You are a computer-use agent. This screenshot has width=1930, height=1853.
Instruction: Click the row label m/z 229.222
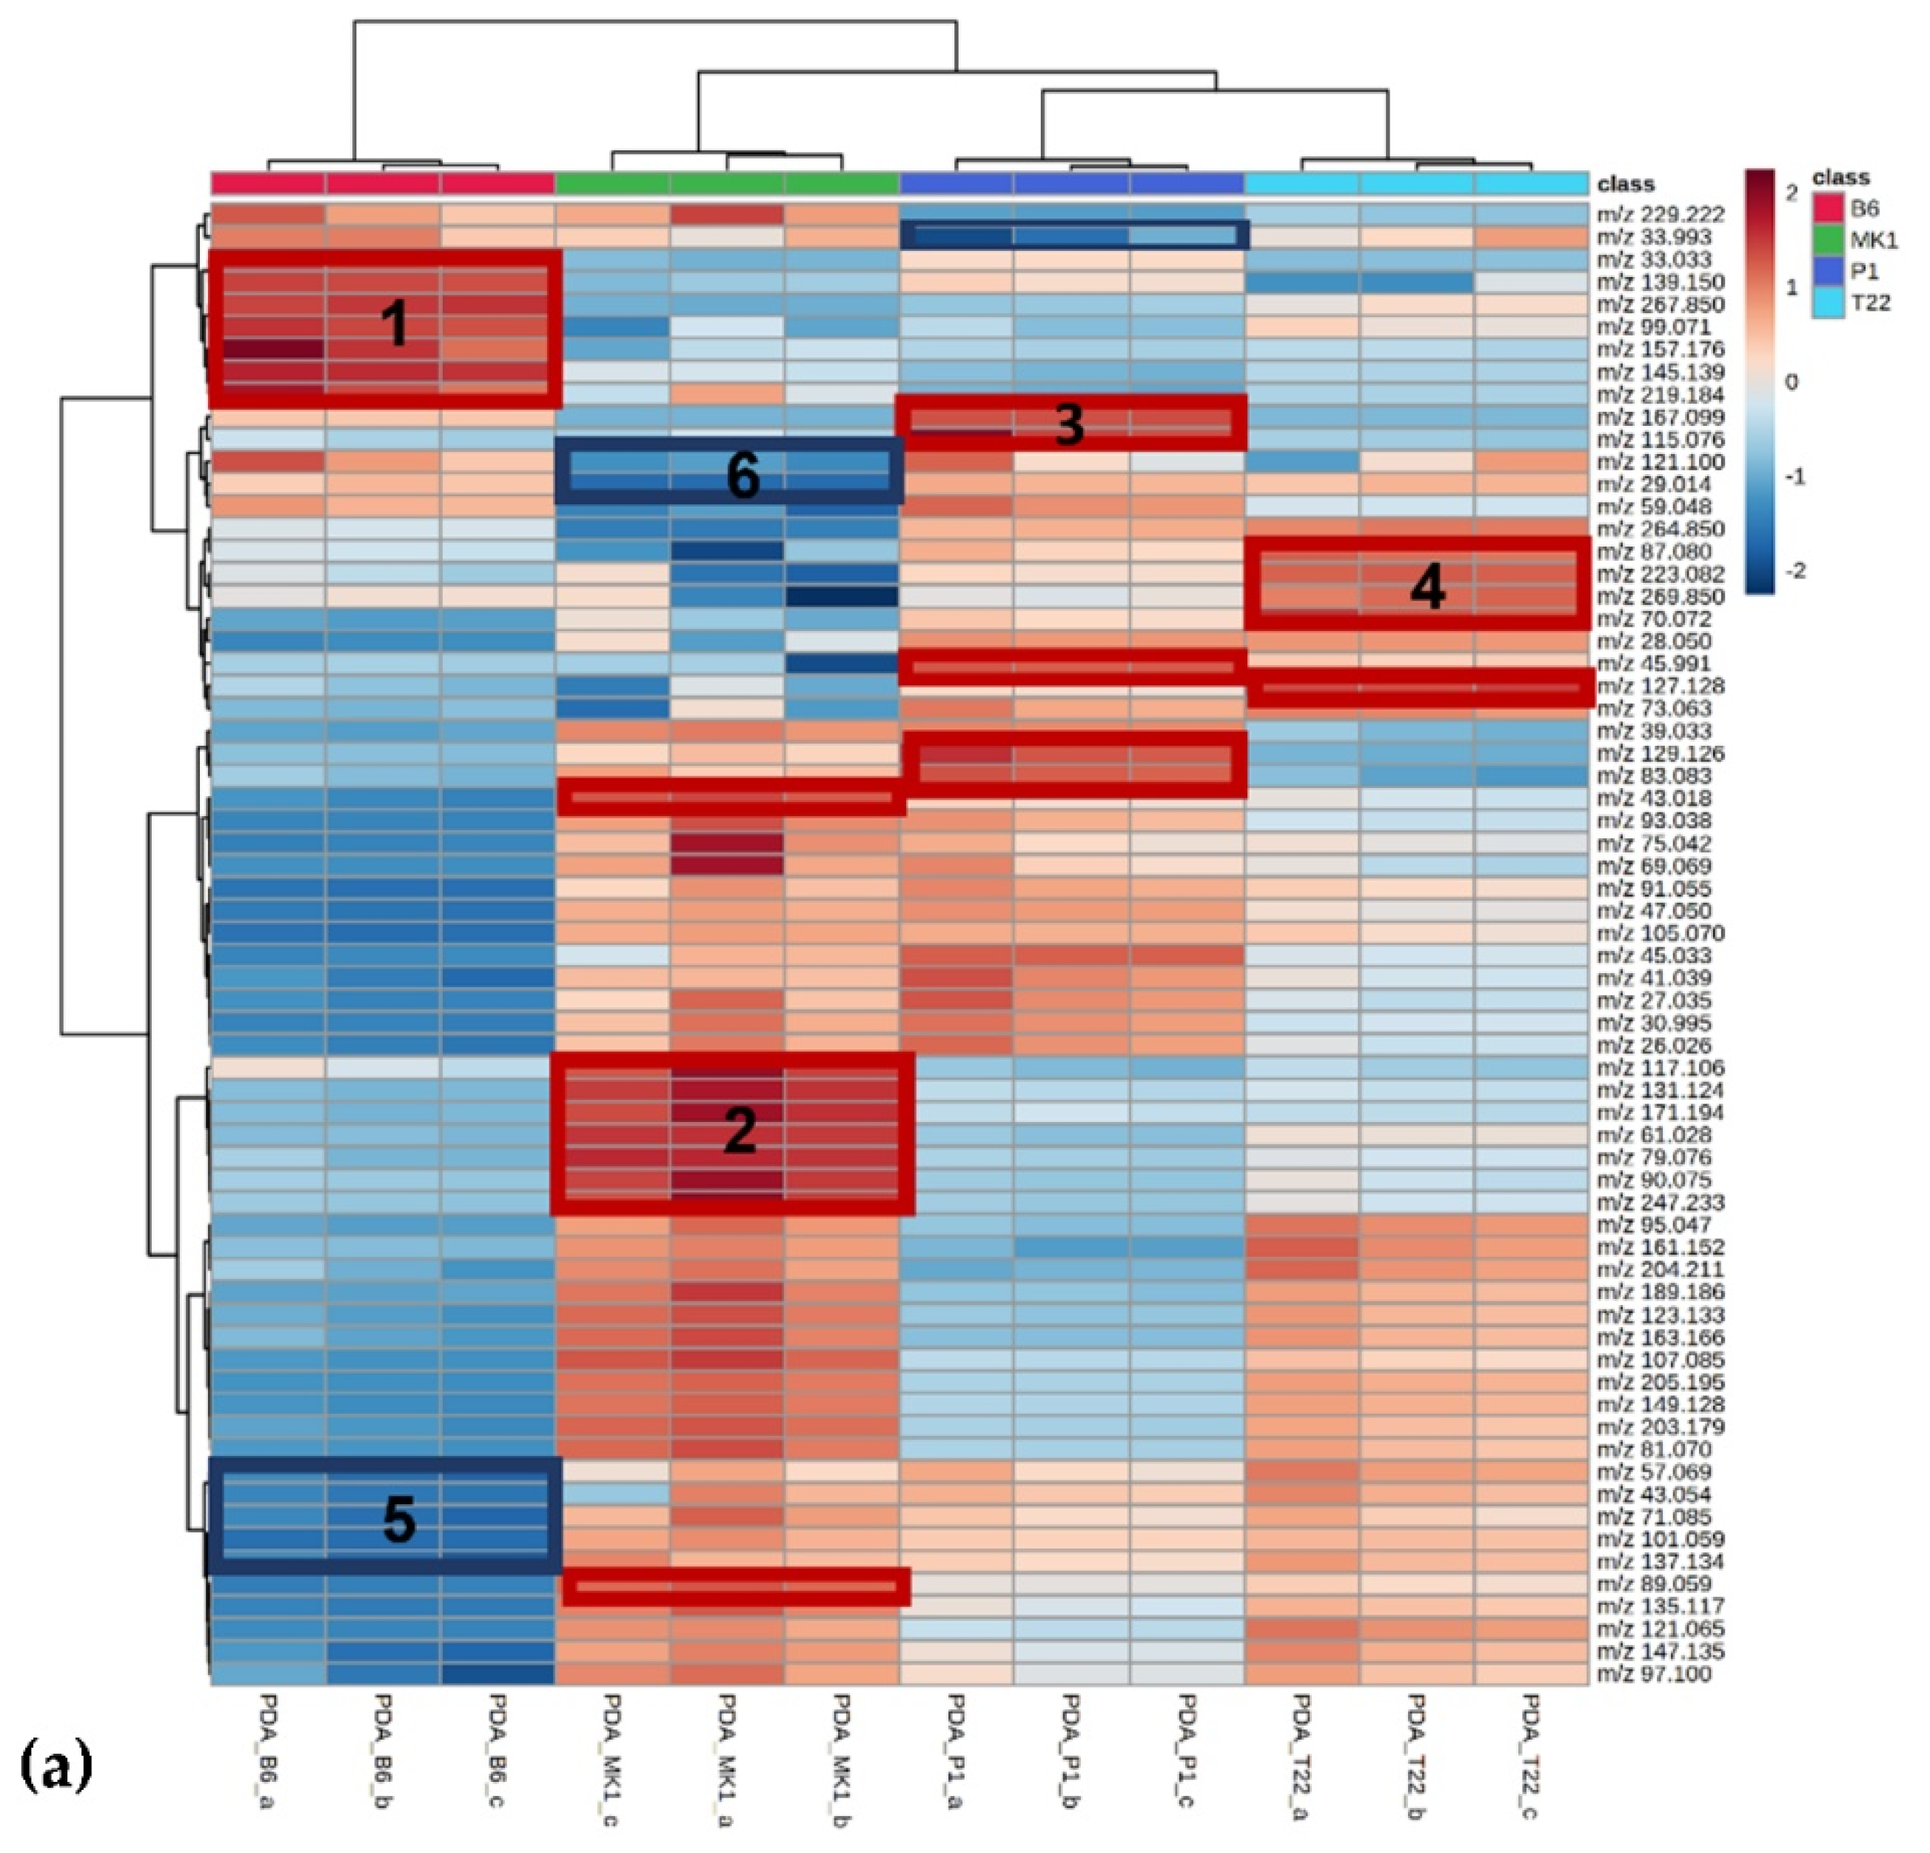(x=1661, y=215)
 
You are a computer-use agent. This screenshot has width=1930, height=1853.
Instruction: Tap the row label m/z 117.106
(x=1661, y=1068)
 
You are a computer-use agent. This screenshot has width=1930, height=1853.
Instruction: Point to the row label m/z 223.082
(x=1661, y=574)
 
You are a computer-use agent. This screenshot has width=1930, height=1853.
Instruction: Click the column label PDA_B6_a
(x=268, y=1754)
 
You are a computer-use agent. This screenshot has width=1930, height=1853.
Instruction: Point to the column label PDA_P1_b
(x=1071, y=1754)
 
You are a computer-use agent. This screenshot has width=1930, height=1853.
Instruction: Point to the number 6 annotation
(x=743, y=477)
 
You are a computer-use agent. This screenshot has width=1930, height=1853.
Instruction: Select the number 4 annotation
(x=1427, y=589)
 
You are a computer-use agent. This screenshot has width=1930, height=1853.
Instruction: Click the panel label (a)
(x=56, y=1766)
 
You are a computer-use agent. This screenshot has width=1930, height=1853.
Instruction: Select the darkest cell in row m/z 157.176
(x=268, y=350)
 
